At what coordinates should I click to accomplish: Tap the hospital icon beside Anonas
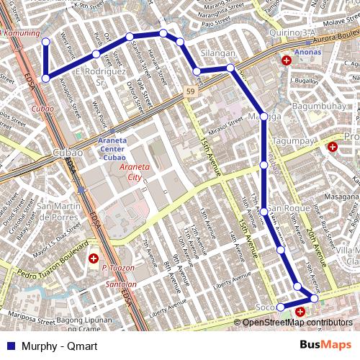287,61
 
